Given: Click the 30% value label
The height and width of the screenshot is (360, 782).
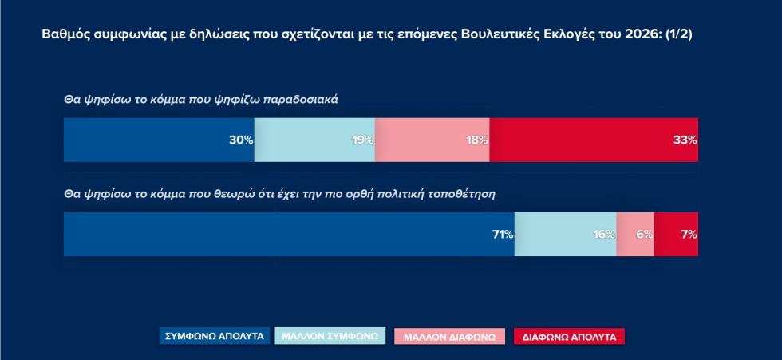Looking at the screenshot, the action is [x=241, y=140].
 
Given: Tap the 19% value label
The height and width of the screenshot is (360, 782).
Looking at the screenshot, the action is [x=363, y=140].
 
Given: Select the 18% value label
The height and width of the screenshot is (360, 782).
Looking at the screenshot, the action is [x=477, y=140].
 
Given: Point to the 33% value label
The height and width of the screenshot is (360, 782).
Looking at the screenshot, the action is [x=685, y=140].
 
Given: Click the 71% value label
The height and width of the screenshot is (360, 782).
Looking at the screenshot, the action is [x=503, y=235].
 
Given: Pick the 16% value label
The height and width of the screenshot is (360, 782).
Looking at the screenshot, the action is [x=605, y=235].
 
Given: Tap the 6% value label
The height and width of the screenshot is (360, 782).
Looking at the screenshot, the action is [x=645, y=235].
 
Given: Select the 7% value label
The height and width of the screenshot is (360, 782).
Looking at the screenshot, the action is [x=689, y=235].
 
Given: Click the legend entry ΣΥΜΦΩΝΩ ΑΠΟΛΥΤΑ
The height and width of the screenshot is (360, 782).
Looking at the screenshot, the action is [x=215, y=336].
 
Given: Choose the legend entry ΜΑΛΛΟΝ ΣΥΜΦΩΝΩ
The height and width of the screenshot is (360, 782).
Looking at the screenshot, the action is [x=330, y=336].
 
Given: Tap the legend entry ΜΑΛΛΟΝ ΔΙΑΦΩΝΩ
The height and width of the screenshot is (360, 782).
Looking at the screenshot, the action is [x=449, y=337].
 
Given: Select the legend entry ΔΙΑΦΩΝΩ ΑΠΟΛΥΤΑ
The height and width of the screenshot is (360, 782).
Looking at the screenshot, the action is [x=569, y=337].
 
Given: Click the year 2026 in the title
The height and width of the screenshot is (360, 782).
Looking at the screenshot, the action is [x=649, y=34].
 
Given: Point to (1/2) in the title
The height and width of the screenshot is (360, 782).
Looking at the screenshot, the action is [x=679, y=34].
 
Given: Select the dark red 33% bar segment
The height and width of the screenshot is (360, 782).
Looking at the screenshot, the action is [x=594, y=140].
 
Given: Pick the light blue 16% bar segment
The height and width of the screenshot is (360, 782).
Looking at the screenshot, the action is [x=566, y=235].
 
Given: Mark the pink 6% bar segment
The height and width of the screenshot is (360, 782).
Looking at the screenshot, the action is [x=635, y=235].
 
